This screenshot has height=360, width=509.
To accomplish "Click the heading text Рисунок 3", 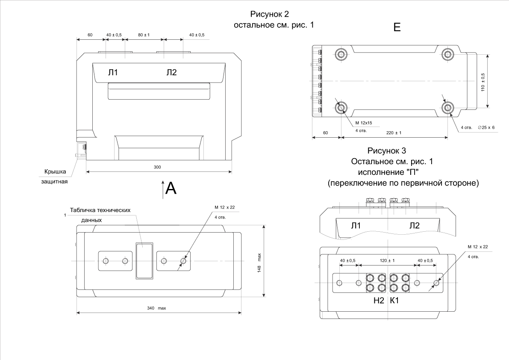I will pos(386,150).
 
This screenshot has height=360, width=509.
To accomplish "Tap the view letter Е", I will pos(397,28).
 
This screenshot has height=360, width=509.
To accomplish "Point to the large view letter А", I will pos(171,188).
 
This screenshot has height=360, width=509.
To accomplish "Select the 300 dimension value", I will pos(157,167).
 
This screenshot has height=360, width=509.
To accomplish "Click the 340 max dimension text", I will pos(156,308).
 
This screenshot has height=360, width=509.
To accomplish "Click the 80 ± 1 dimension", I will pos(144,34).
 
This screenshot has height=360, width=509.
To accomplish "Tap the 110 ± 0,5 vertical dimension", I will pos(483,81).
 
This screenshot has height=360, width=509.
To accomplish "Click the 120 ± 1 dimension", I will pos(388,260).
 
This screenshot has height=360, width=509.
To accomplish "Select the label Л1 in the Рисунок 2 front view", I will pos(113,73).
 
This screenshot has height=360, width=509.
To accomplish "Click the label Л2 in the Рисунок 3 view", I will pos(414,225).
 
